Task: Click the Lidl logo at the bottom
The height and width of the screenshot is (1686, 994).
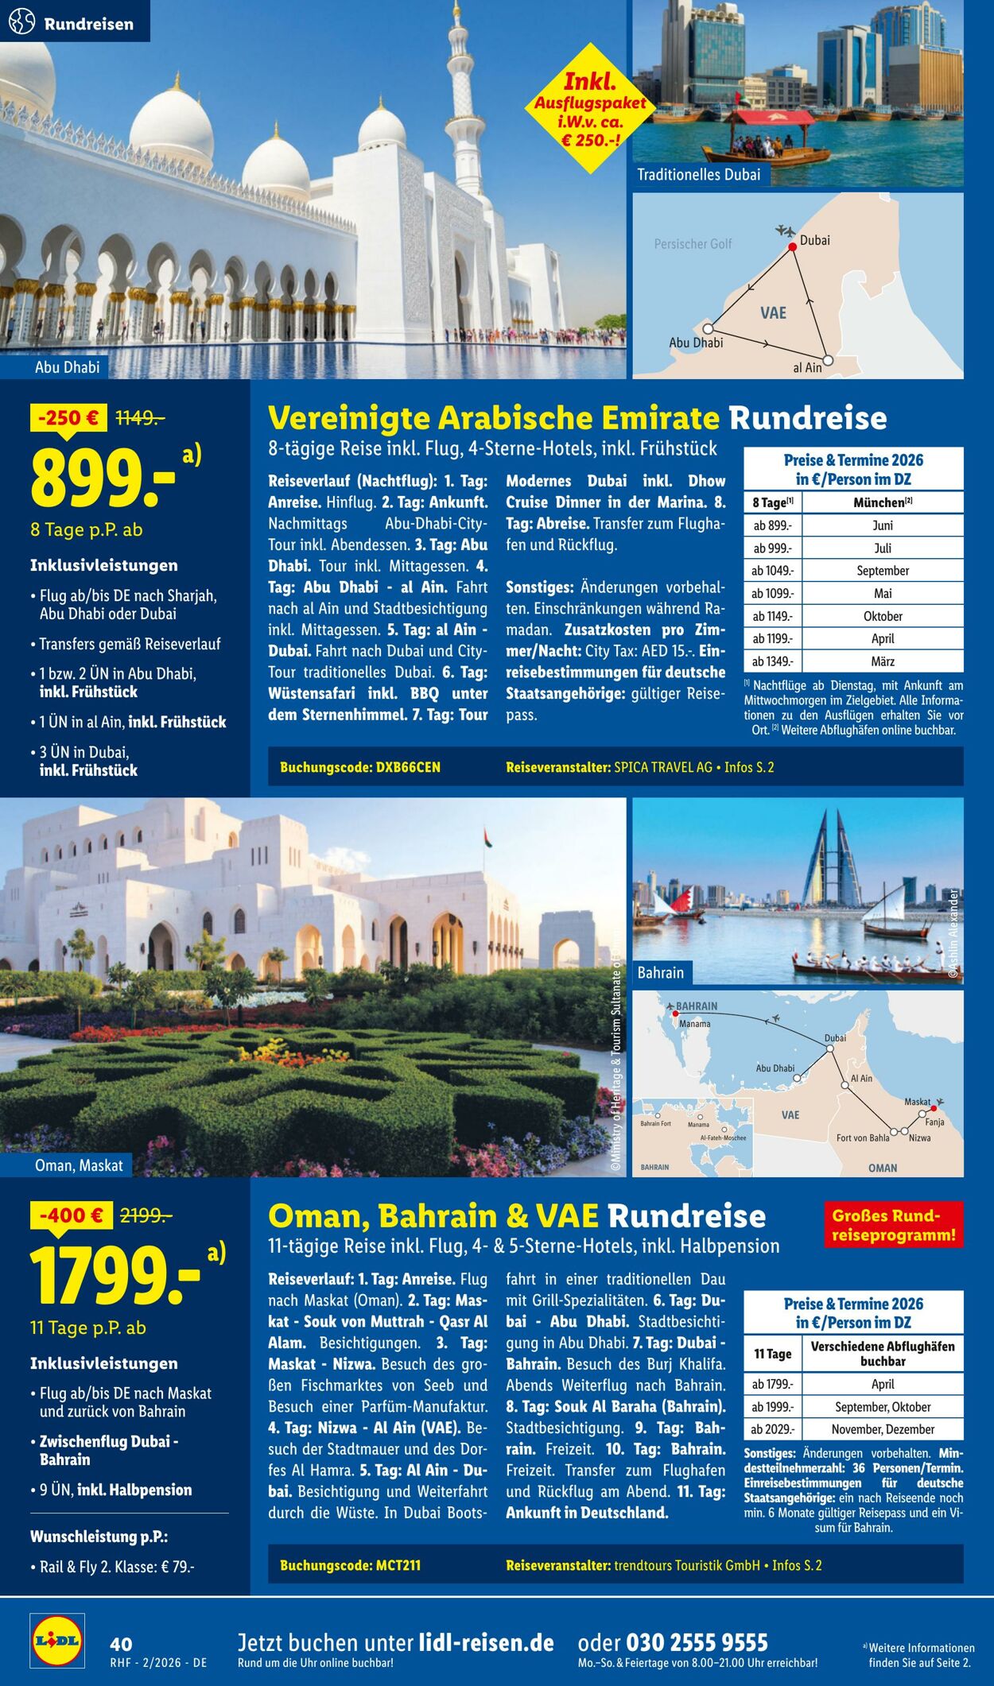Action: point(56,1639)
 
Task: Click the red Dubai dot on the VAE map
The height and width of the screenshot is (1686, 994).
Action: point(792,247)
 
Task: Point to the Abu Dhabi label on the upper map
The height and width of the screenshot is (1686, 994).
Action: point(696,343)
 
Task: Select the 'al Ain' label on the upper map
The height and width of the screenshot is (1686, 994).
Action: point(807,367)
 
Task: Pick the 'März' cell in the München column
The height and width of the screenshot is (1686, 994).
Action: point(882,661)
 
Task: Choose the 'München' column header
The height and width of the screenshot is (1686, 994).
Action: point(882,502)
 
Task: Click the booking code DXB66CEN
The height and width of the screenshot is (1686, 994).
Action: point(360,767)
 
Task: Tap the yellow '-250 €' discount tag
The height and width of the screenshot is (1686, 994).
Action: point(68,417)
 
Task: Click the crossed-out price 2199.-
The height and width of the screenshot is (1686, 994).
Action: point(146,1215)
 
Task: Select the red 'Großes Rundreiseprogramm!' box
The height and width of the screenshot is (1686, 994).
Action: point(893,1225)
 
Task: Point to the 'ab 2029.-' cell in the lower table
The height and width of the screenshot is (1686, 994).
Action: point(772,1428)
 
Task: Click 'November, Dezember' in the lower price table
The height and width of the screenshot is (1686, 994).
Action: point(882,1428)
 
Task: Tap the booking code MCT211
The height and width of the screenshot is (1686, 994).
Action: point(350,1565)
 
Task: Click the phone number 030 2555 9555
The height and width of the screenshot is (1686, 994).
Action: point(697,1642)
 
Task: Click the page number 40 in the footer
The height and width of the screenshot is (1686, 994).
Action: point(122,1644)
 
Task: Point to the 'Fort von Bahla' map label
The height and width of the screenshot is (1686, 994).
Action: point(862,1138)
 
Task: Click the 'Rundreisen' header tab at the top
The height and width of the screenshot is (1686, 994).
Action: point(75,23)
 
